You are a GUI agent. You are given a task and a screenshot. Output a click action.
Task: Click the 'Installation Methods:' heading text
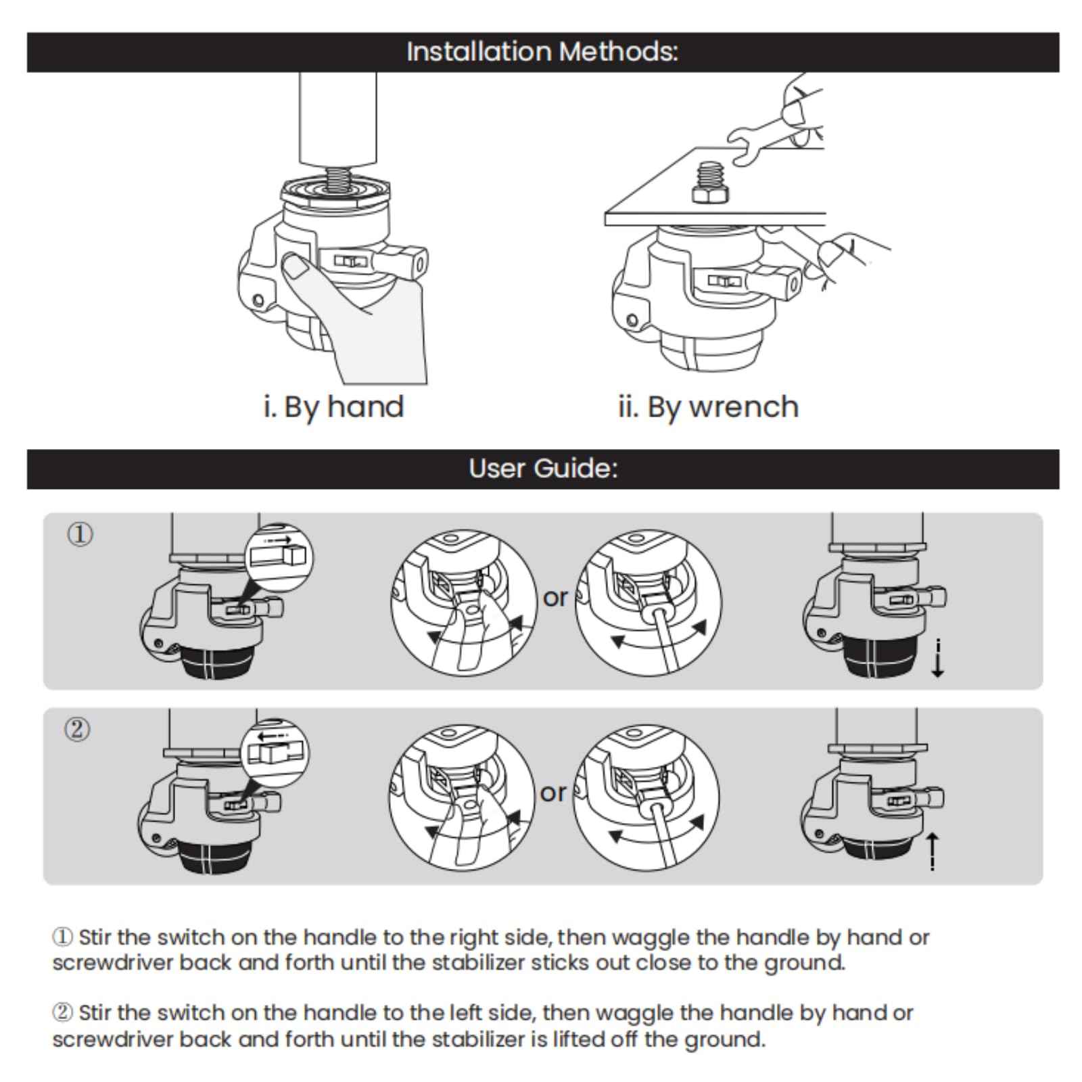pyautogui.click(x=542, y=52)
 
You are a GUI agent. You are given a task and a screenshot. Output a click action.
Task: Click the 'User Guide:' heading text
pyautogui.click(x=543, y=469)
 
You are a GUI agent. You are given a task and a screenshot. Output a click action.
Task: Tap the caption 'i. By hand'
pyautogui.click(x=333, y=407)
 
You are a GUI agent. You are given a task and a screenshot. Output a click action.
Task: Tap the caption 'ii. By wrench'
pyautogui.click(x=708, y=407)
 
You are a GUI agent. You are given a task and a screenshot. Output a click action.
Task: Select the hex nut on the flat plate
pyautogui.click(x=711, y=193)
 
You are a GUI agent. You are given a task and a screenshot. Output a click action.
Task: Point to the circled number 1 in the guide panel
pyautogui.click(x=80, y=535)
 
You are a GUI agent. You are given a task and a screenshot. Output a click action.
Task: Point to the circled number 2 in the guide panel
pyautogui.click(x=77, y=730)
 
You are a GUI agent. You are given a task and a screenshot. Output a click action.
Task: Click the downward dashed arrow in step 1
pyautogui.click(x=937, y=659)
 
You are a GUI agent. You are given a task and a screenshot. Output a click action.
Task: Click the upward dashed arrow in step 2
pyautogui.click(x=933, y=851)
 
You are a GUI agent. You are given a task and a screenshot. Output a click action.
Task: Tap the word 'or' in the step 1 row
pyautogui.click(x=555, y=598)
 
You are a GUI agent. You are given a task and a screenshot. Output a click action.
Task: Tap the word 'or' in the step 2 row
pyautogui.click(x=553, y=793)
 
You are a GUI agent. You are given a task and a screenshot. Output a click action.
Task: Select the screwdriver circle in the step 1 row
pyautogui.click(x=649, y=602)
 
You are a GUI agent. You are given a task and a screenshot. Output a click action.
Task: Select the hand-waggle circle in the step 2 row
pyautogui.click(x=462, y=797)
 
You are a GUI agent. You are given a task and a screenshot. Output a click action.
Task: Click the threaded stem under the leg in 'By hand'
pyautogui.click(x=337, y=179)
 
